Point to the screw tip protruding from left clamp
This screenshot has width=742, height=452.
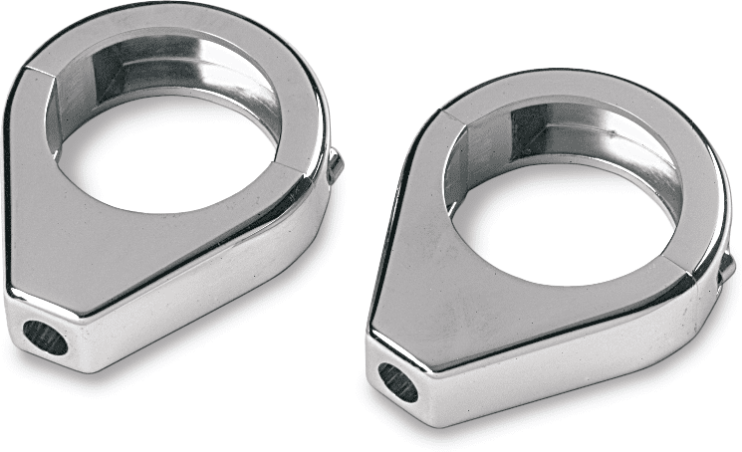pos(336,165)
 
